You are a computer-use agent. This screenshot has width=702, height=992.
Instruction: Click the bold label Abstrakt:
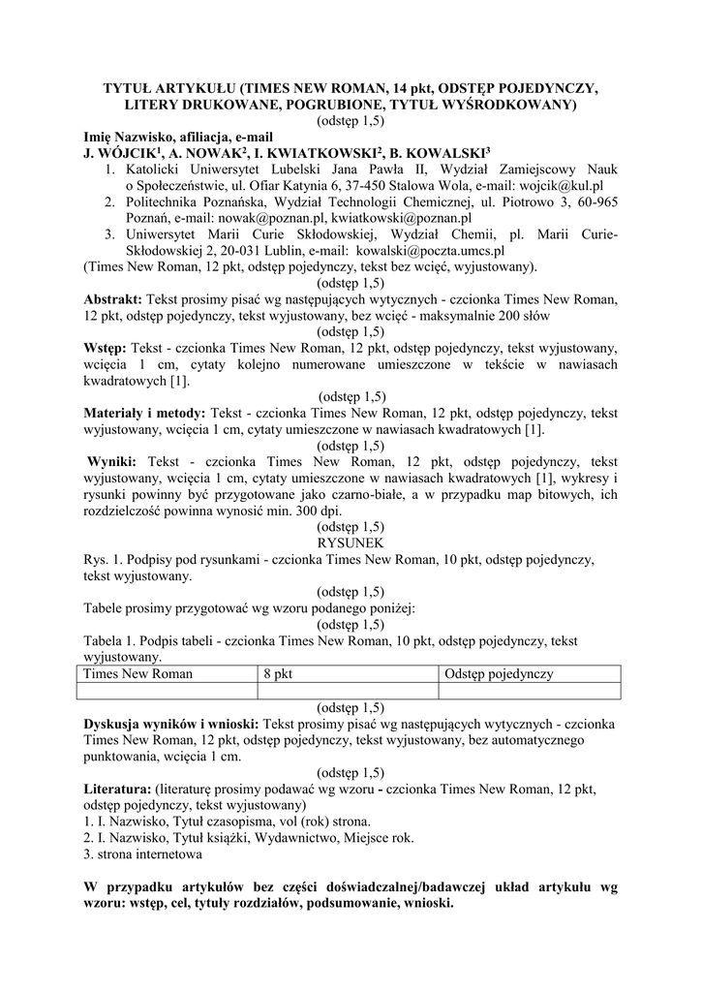coord(113,299)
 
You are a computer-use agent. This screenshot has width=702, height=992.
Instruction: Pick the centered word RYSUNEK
coord(351,543)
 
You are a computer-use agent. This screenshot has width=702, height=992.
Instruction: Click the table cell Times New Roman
coord(137,673)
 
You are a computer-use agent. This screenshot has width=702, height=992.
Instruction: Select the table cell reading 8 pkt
coord(277,673)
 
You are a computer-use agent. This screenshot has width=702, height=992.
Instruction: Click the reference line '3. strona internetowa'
coord(143,855)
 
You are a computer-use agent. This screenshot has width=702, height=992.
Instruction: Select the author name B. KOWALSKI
coord(433,153)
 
